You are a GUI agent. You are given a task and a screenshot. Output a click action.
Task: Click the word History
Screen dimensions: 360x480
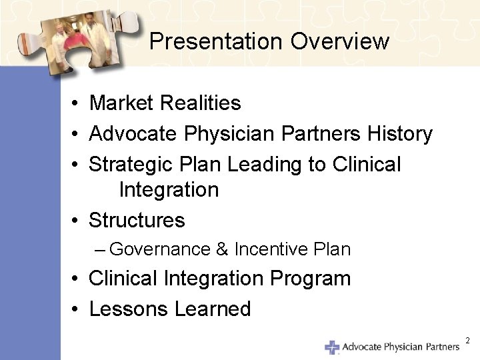click(399, 134)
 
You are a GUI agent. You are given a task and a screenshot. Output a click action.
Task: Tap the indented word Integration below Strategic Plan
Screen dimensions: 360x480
click(169, 190)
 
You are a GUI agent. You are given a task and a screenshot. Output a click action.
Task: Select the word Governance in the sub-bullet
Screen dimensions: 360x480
click(160, 249)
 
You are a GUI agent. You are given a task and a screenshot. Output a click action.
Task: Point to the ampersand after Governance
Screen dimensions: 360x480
click(222, 249)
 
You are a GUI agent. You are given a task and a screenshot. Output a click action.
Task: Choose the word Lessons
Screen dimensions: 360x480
click(129, 309)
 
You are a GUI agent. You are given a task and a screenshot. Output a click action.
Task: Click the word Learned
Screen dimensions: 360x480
click(213, 309)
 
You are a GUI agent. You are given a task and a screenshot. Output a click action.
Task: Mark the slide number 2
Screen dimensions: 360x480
click(467, 341)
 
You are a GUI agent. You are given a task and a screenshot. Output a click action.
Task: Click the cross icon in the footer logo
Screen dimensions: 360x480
click(331, 347)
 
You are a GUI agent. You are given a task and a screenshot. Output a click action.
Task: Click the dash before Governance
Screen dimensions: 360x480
click(100, 250)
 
